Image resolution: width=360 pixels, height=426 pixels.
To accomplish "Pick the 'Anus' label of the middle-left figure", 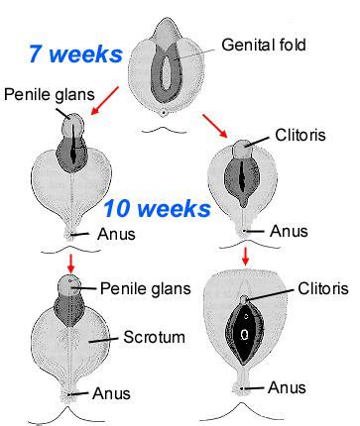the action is click(x=117, y=235).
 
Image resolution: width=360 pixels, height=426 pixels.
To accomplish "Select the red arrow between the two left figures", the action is click(x=70, y=263).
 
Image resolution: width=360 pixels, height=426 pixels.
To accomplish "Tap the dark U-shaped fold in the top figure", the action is click(x=166, y=63).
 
